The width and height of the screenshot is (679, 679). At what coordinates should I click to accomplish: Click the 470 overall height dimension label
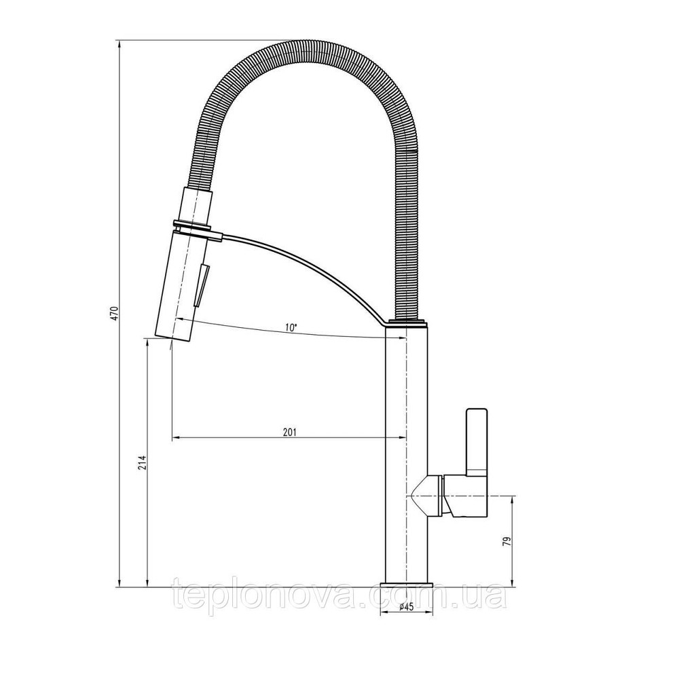[115, 313]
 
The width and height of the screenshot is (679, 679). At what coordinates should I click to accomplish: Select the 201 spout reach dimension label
[289, 432]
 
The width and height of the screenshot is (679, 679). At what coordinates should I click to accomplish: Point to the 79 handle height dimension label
[507, 540]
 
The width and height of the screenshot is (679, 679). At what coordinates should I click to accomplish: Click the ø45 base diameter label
[407, 606]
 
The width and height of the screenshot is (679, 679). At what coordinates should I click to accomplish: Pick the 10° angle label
[291, 327]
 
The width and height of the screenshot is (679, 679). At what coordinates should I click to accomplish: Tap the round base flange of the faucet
[407, 585]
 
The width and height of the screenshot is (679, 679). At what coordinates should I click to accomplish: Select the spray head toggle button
[202, 287]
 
